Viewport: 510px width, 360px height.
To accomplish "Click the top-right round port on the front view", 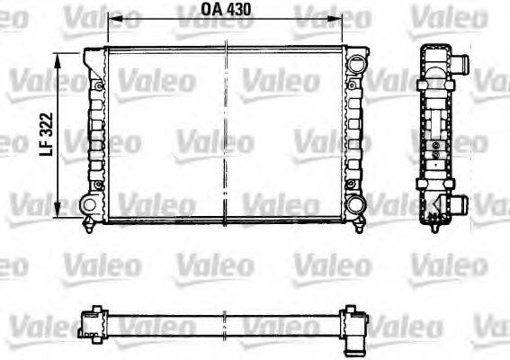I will tap(357, 65).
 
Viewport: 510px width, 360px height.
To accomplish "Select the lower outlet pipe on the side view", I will tap(459, 205).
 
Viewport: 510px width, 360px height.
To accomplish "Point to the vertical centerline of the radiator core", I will tap(224, 135).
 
